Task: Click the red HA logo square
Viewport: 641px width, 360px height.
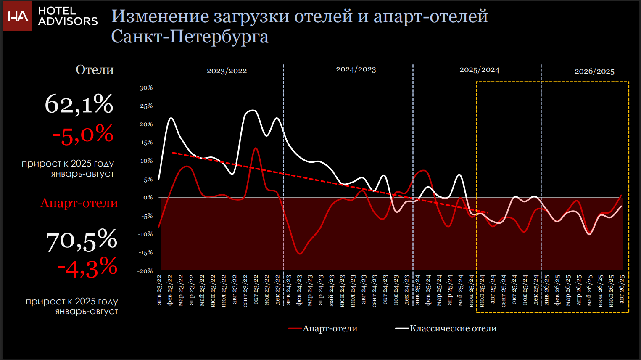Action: pos(17,16)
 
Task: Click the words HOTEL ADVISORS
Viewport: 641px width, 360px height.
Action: pos(68,16)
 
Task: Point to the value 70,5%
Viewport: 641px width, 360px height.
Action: pos(82,240)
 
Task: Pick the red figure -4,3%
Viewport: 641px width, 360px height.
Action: pos(87,267)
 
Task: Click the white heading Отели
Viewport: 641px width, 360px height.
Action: pos(95,69)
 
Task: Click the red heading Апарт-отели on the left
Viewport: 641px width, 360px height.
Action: pos(79,203)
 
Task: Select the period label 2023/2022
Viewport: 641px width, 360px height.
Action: pos(227,71)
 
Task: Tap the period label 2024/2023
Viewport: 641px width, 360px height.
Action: pos(356,69)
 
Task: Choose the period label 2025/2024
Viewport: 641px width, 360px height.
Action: pos(479,70)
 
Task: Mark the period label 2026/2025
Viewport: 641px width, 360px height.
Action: pos(594,71)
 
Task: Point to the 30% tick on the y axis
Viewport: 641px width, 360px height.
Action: pos(146,87)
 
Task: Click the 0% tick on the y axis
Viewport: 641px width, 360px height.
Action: pos(148,197)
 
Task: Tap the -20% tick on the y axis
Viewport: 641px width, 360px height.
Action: pos(145,271)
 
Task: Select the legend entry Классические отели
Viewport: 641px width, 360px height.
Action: pos(446,328)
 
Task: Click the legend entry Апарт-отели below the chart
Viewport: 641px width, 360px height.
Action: pos(323,328)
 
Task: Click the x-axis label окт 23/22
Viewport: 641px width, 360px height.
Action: pos(256,289)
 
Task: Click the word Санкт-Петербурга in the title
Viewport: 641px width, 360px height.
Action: pos(190,37)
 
